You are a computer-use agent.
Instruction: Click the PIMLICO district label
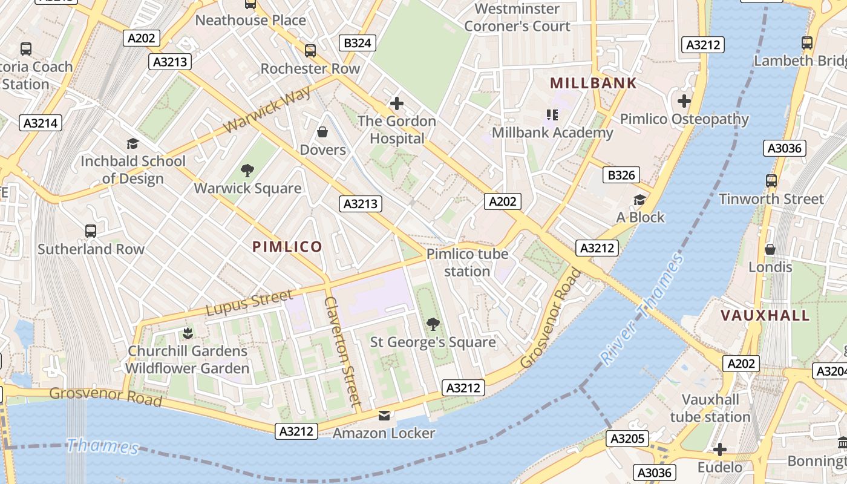[x=287, y=247]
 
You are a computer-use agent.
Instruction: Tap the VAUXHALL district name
[x=765, y=315]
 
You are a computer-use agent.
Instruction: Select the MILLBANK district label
[x=593, y=83]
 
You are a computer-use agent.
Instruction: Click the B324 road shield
[x=358, y=43]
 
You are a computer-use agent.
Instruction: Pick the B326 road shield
[x=621, y=175]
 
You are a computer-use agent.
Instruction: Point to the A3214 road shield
[x=41, y=123]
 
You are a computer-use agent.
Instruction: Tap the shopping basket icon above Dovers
[x=322, y=132]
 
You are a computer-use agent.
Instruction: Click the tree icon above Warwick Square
[x=247, y=171]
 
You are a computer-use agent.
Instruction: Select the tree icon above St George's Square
[x=433, y=325]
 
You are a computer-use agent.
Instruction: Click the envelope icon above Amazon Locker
[x=384, y=416]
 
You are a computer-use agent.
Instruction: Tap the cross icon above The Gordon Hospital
[x=396, y=103]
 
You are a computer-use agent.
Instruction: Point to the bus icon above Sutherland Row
[x=91, y=231]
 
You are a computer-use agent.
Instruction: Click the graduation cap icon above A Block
[x=639, y=200]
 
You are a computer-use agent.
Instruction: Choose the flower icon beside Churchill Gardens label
[x=187, y=333]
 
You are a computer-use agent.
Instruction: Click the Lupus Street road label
[x=249, y=303]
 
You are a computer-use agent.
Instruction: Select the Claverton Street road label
[x=342, y=351]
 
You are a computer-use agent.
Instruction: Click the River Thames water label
[x=643, y=310]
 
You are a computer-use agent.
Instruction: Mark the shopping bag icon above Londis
[x=770, y=249]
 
